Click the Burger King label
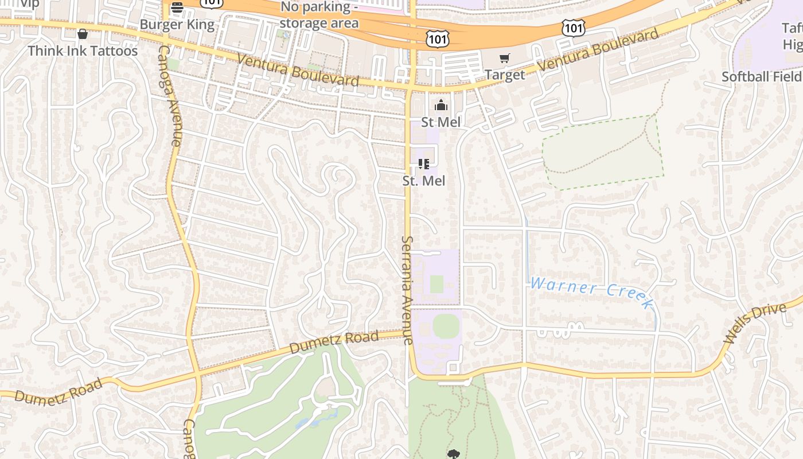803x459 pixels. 177,25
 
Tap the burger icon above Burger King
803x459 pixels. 177,8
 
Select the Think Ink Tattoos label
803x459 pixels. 83,51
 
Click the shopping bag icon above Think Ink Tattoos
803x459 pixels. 83,34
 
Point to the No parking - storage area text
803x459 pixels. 319,15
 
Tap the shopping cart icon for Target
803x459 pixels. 505,58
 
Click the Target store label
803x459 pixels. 505,75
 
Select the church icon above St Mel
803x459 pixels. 441,105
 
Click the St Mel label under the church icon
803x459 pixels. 441,122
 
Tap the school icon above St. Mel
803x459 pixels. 424,164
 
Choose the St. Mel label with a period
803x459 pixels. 424,181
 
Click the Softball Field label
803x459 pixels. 762,76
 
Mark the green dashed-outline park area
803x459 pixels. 602,152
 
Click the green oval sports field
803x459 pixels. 446,326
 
